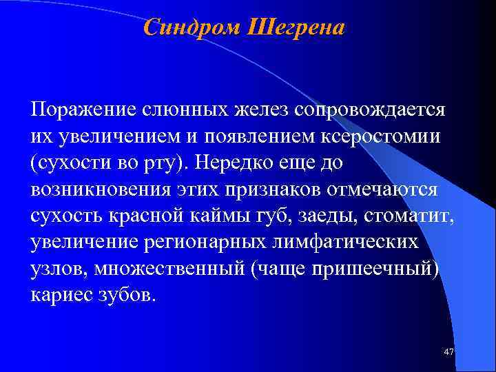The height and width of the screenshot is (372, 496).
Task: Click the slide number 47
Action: [x=449, y=353]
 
